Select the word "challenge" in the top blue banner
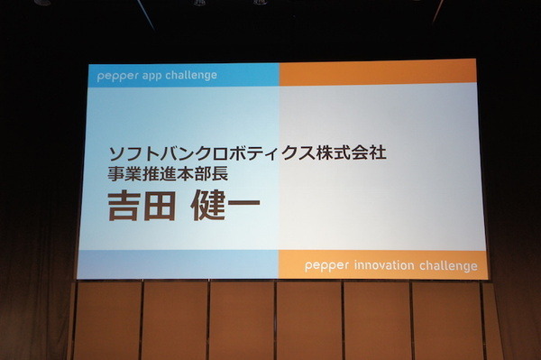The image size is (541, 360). pyautogui.click(x=190, y=75)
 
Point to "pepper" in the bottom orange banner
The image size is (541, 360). pyautogui.click(x=323, y=266)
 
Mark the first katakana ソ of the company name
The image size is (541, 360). pyautogui.click(x=115, y=153)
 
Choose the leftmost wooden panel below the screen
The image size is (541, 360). pyautogui.click(x=106, y=320)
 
